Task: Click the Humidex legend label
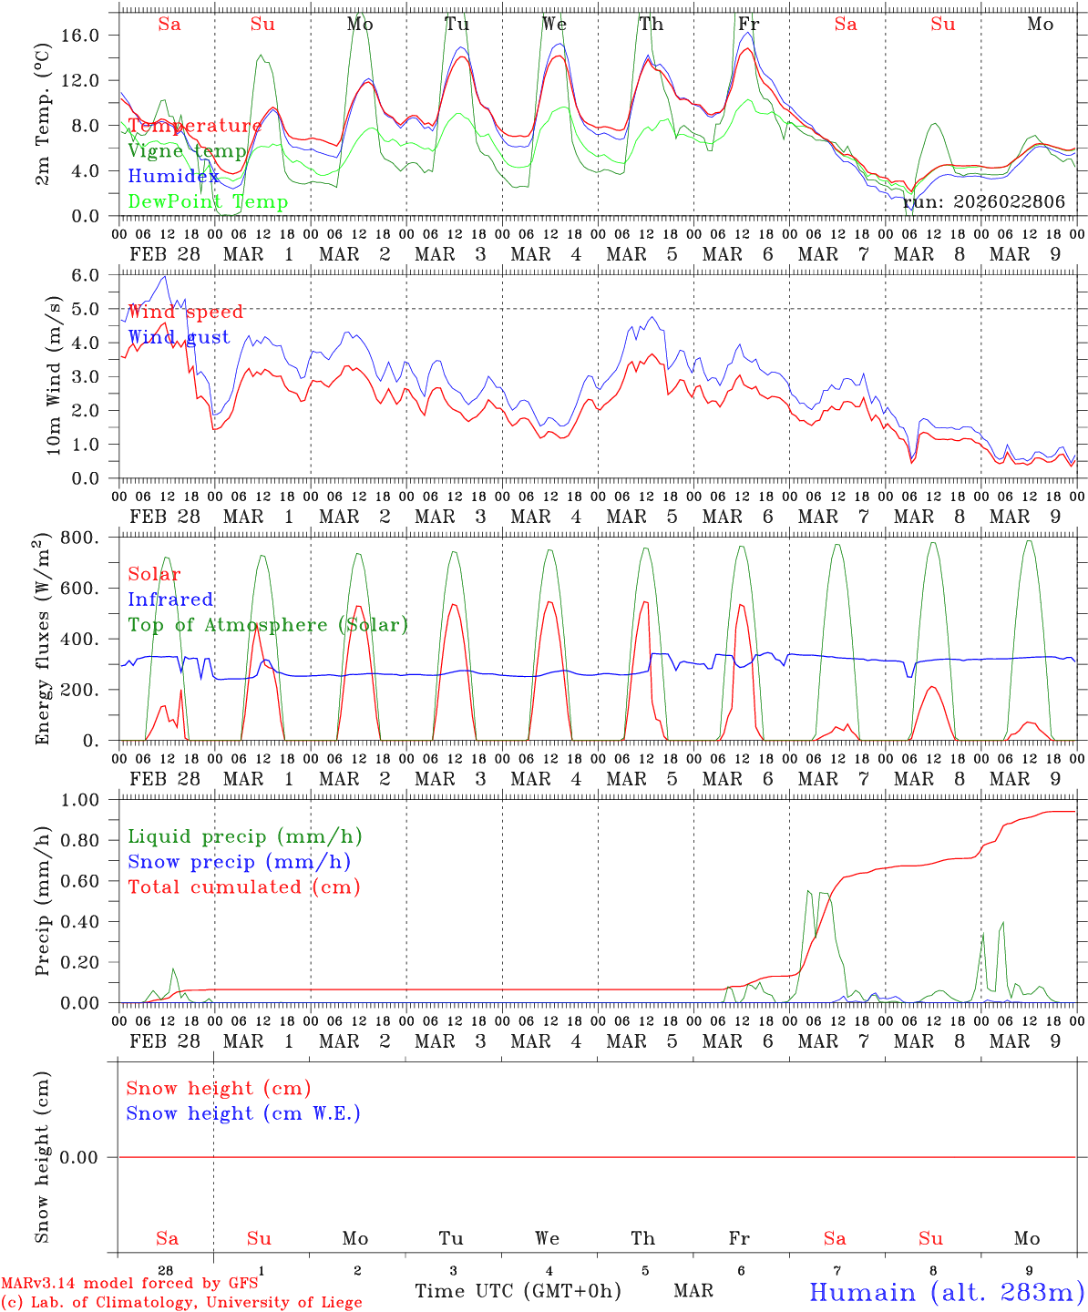pos(174,176)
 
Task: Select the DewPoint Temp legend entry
pos(208,201)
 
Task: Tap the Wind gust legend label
pos(179,337)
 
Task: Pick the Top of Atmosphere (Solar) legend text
pos(268,625)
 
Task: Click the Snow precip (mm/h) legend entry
pos(239,862)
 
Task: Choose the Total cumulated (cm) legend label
pos(243,887)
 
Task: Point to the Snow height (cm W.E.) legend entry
pos(243,1113)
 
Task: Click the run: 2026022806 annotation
pos(983,201)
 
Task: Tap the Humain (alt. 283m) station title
pos(947,1292)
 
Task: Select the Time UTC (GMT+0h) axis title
pos(518,1291)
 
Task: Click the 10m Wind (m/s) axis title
pos(54,374)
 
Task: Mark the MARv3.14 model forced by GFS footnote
pos(129,1283)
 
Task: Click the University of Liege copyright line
pos(182,1303)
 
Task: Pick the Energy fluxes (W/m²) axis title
pos(42,641)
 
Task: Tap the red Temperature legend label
pos(194,126)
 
